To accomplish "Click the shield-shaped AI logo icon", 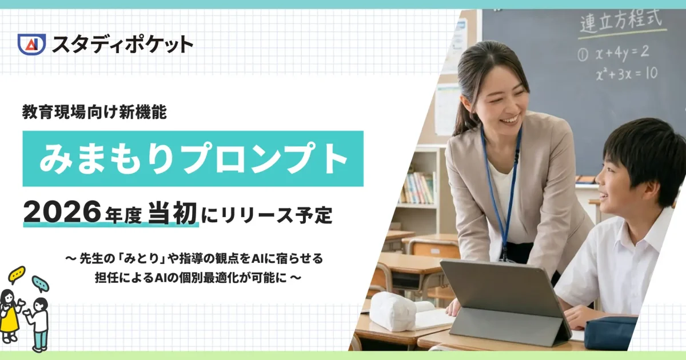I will tap(31, 44).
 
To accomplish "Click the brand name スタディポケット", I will tap(122, 44).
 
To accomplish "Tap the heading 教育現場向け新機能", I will tap(94, 113).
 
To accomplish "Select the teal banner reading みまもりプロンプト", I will tap(193, 158).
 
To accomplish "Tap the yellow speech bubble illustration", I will tap(17, 274).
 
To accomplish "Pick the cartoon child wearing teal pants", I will tap(39, 323).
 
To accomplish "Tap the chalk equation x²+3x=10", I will tap(625, 73).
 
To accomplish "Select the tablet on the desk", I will tap(503, 297).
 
